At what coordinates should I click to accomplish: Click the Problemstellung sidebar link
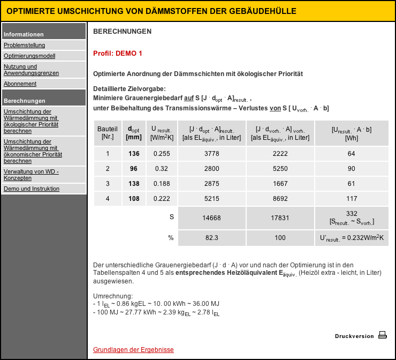[x=24, y=46]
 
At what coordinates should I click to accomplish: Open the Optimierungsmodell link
[x=29, y=56]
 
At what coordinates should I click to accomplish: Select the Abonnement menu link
[x=20, y=84]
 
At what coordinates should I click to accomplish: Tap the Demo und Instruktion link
[x=31, y=189]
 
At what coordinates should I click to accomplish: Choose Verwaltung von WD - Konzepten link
[x=31, y=175]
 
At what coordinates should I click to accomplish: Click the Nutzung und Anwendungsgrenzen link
[x=31, y=70]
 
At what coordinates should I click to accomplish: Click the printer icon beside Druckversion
[x=382, y=335]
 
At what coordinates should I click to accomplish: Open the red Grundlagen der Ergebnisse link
[x=133, y=350]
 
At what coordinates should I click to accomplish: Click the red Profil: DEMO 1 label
[x=118, y=54]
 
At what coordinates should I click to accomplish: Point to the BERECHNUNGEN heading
[x=122, y=32]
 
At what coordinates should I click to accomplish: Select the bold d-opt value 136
[x=134, y=154]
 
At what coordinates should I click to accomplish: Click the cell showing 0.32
[x=161, y=169]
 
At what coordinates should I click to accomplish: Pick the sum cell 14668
[x=211, y=218]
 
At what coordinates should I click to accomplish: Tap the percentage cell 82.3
[x=211, y=238]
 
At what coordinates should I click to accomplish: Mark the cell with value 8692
[x=280, y=199]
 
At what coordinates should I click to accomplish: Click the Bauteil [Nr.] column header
[x=108, y=133]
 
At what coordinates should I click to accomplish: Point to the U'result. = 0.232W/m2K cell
[x=352, y=238]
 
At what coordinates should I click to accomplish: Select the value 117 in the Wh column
[x=352, y=199]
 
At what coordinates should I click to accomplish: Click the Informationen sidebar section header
[x=24, y=34]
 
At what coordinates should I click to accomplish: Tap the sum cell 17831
[x=280, y=218]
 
